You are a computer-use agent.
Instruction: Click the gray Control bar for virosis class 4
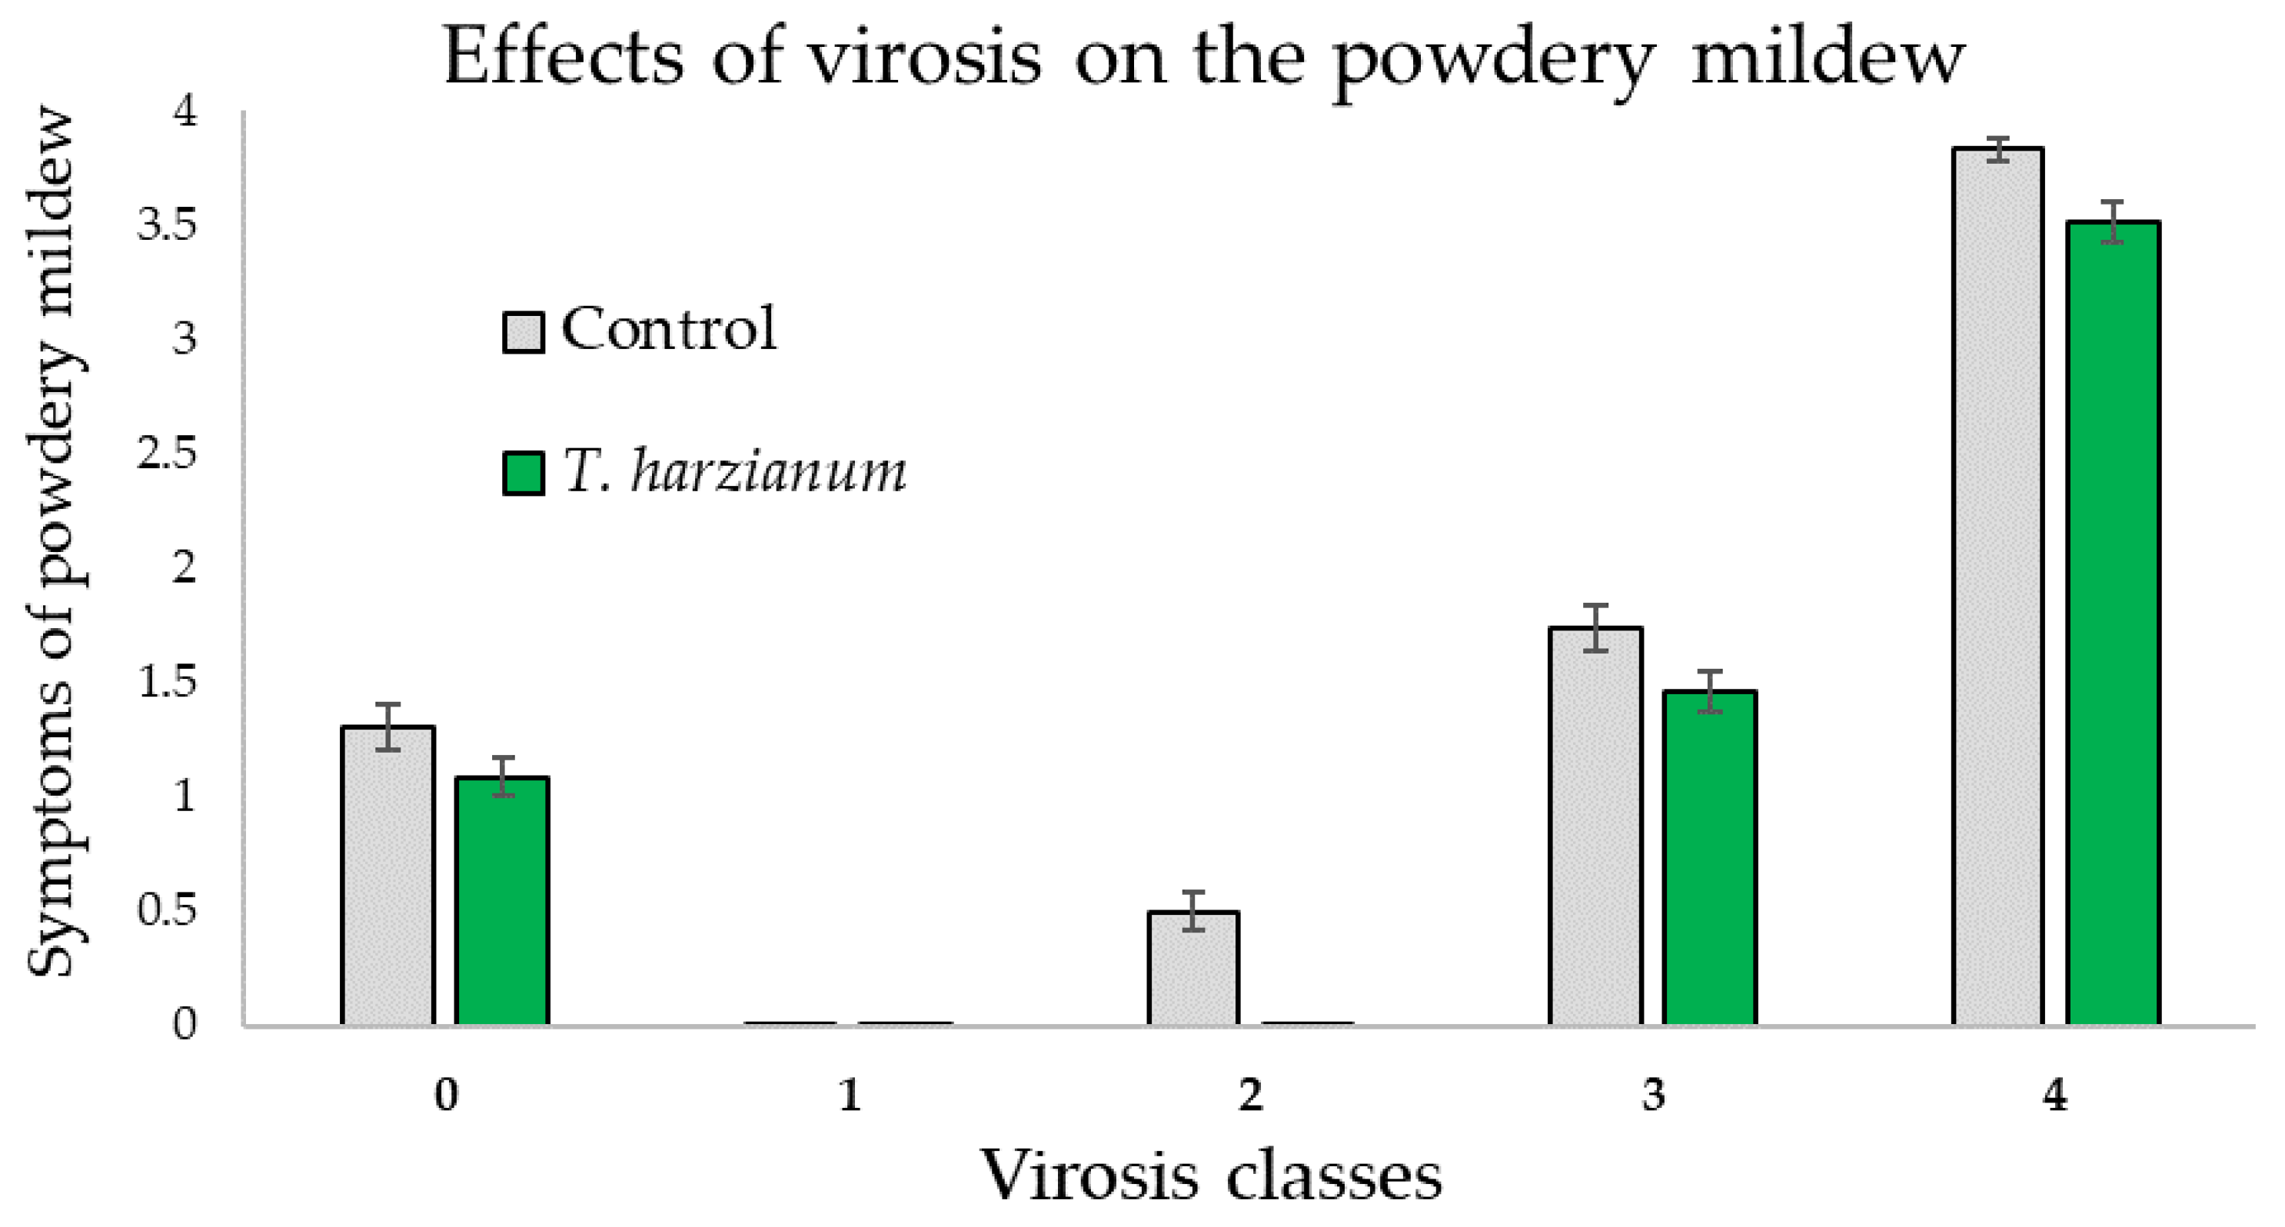pos(1997,586)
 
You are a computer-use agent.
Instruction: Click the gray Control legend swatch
pos(524,333)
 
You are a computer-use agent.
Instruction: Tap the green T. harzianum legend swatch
pos(524,473)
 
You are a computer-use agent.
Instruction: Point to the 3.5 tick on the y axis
pos(166,226)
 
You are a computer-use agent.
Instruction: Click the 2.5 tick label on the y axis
pos(166,454)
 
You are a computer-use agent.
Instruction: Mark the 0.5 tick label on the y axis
pos(166,910)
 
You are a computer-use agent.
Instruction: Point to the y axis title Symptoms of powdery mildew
pos(55,541)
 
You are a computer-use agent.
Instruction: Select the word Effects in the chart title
pos(564,58)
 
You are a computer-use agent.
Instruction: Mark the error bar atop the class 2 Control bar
pos(1193,911)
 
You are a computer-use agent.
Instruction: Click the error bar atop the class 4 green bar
pos(2112,222)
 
